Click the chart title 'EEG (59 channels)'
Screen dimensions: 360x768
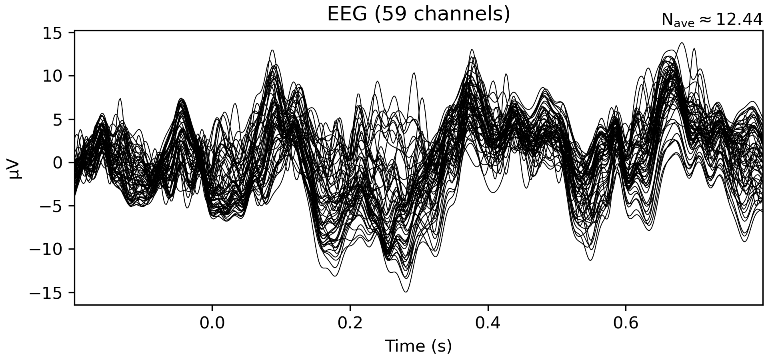(x=418, y=14)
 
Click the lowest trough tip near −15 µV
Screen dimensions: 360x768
(x=406, y=292)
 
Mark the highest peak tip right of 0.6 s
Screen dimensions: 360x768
(x=682, y=43)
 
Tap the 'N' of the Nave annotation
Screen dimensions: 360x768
(x=667, y=20)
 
